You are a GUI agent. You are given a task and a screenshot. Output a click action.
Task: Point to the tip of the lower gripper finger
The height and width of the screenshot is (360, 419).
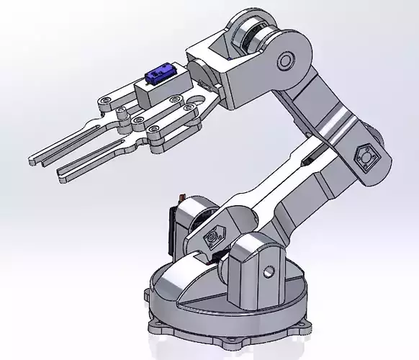62,174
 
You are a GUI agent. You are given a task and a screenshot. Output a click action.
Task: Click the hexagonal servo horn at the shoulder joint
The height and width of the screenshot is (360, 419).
213,238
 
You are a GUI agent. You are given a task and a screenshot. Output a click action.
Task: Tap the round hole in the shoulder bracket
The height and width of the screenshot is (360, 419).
269,272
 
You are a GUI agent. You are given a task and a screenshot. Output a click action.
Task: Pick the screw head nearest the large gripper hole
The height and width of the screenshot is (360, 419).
189,109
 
